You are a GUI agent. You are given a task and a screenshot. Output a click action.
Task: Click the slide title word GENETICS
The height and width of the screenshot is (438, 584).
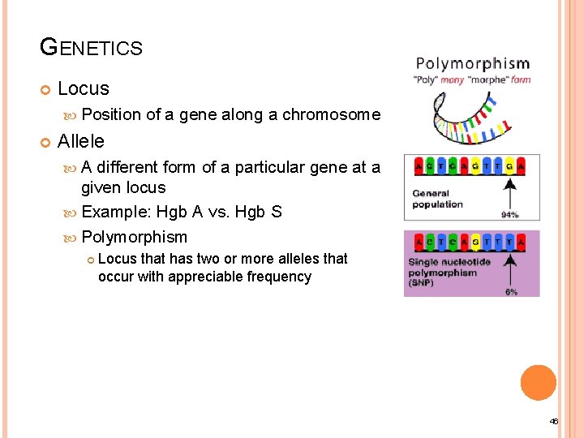(91, 48)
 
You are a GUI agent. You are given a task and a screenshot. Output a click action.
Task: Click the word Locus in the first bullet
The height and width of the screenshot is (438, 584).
(84, 88)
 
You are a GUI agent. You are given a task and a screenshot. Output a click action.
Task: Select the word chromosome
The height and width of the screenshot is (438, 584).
(331, 114)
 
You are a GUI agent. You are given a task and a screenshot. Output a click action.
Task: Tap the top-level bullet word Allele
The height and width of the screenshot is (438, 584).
(81, 141)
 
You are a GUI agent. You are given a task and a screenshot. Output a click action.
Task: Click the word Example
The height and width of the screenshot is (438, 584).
(114, 213)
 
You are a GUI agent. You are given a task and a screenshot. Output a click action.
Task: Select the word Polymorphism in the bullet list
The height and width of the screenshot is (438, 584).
(134, 238)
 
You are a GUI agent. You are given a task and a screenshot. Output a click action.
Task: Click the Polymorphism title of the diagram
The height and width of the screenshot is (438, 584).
(472, 64)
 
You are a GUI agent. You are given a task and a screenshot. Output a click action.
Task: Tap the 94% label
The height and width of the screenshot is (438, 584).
(510, 215)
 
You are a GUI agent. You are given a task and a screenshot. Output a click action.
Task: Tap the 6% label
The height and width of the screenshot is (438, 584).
(512, 291)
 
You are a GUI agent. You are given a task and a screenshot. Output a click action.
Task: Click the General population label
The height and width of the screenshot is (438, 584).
(439, 199)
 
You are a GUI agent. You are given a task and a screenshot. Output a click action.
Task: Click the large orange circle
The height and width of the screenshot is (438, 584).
(539, 382)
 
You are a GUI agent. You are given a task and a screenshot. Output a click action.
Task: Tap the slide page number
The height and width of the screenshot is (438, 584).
(554, 422)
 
